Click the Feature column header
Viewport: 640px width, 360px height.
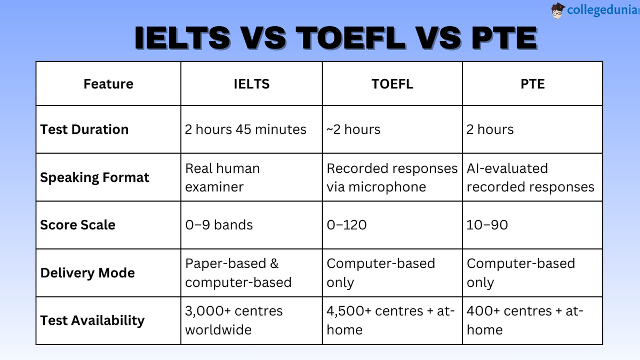pyautogui.click(x=108, y=84)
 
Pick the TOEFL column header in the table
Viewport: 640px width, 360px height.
pyautogui.click(x=392, y=84)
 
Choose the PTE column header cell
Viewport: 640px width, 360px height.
pyautogui.click(x=532, y=84)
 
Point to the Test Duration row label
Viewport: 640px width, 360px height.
pyautogui.click(x=84, y=130)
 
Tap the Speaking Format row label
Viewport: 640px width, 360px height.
pyautogui.click(x=94, y=178)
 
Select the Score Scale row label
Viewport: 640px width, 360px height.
pyautogui.click(x=77, y=225)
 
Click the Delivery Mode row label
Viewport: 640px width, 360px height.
pyautogui.click(x=87, y=273)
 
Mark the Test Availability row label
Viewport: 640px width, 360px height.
pyautogui.click(x=92, y=321)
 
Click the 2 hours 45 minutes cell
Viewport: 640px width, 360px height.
pyautogui.click(x=245, y=130)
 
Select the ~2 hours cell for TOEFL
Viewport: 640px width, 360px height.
pyautogui.click(x=353, y=130)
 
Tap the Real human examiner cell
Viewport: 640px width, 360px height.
pyautogui.click(x=222, y=178)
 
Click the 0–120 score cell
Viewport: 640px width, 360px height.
pyautogui.click(x=347, y=225)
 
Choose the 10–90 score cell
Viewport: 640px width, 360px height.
pyautogui.click(x=487, y=225)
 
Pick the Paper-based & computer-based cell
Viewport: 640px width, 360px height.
pyautogui.click(x=238, y=273)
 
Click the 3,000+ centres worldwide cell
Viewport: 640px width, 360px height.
pyautogui.click(x=234, y=321)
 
